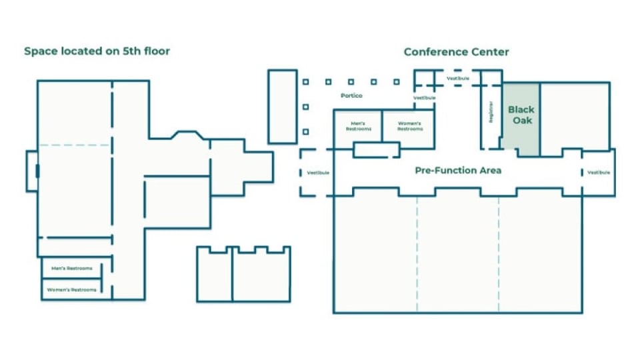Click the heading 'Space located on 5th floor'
97,51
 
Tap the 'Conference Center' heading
456,51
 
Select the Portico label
351,95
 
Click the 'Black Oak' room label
521,115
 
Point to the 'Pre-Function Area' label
458,171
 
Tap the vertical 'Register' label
491,111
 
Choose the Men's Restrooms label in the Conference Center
357,126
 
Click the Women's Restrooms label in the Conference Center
410,126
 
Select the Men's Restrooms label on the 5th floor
71,269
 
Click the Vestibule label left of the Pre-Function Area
318,173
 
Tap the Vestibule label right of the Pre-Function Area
598,173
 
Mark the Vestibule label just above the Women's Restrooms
424,98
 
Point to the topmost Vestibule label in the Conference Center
457,78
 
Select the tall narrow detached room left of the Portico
282,106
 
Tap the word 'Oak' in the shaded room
521,121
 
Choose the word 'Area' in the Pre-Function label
490,171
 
